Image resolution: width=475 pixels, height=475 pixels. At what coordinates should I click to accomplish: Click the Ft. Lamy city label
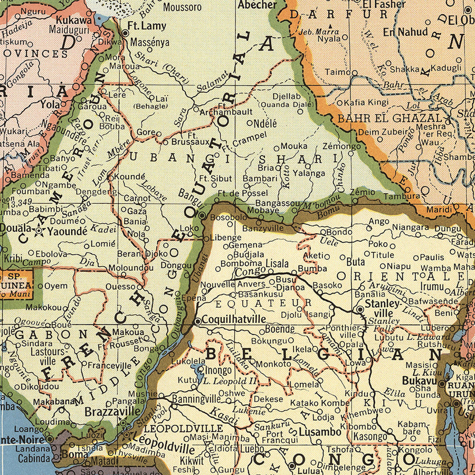(x=147, y=26)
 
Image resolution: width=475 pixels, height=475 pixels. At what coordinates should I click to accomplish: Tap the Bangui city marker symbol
(x=202, y=215)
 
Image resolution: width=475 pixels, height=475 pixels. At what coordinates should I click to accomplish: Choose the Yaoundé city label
(x=68, y=231)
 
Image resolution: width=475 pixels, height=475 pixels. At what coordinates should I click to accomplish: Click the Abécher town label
(x=257, y=5)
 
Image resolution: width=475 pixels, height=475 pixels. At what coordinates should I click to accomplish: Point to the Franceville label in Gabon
(x=109, y=365)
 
